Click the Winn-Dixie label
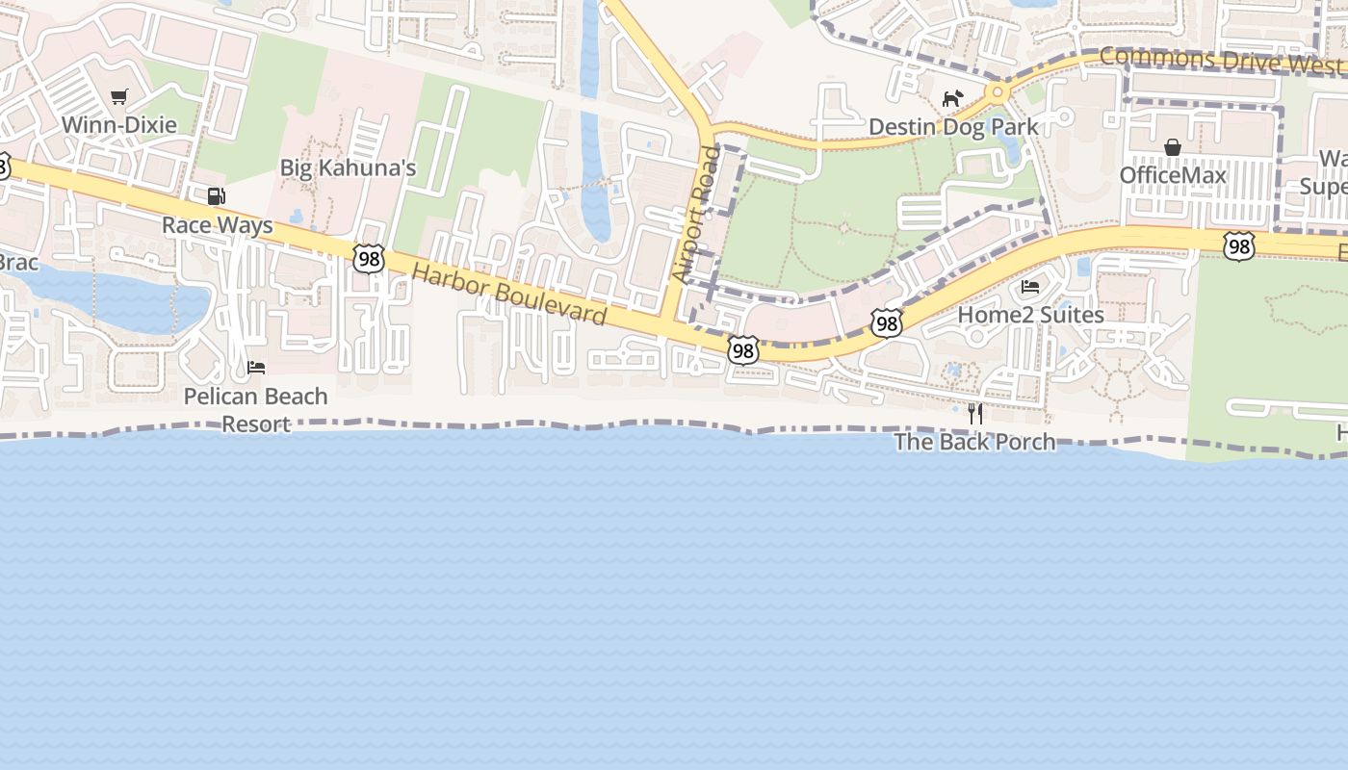[x=119, y=125]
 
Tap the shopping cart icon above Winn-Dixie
[x=118, y=96]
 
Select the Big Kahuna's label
[x=348, y=168]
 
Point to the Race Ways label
[x=217, y=225]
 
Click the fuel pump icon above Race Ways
[x=217, y=196]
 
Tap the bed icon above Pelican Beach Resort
[x=256, y=368]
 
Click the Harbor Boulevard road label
[x=509, y=295]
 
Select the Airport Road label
[x=696, y=215]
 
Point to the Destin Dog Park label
[x=953, y=127]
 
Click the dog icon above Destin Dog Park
[x=952, y=98]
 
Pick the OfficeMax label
[x=1173, y=175]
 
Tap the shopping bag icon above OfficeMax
[x=1173, y=147]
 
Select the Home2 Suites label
[x=1030, y=315]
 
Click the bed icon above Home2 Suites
[x=1030, y=287]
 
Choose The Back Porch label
[x=974, y=442]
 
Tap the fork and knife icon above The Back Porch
[x=975, y=414]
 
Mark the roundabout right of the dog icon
[x=998, y=93]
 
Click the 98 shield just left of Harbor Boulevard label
[x=368, y=258]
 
